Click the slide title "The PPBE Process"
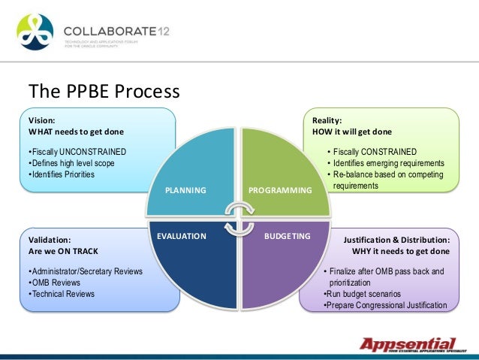(x=104, y=92)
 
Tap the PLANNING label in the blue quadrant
(x=185, y=191)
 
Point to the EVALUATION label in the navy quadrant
(x=181, y=236)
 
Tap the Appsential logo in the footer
(x=407, y=345)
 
